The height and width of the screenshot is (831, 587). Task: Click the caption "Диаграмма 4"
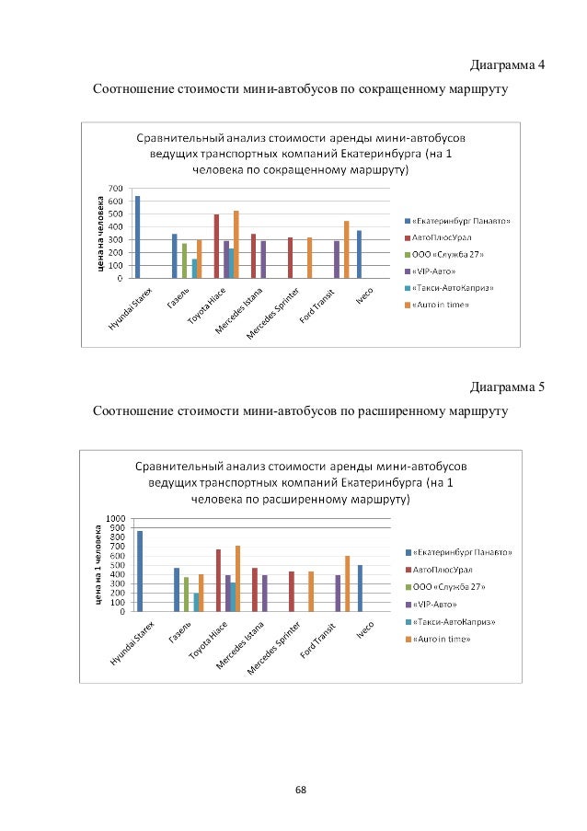[507, 65]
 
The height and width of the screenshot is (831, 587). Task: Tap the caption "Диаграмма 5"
[507, 386]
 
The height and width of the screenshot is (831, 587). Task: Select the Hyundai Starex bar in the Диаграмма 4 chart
[137, 237]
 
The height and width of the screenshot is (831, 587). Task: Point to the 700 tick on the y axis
[115, 188]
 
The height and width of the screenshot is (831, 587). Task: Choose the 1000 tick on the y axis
[114, 518]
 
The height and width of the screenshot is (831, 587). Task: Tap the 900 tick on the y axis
[117, 527]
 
